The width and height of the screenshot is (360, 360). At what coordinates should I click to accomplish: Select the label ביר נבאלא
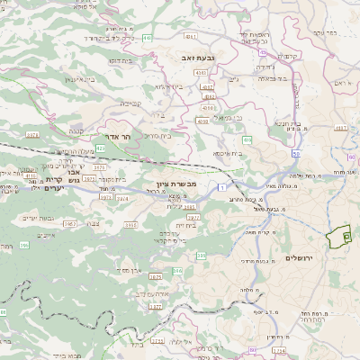coord(273,79)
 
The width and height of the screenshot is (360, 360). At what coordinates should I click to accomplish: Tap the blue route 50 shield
coord(295,153)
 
